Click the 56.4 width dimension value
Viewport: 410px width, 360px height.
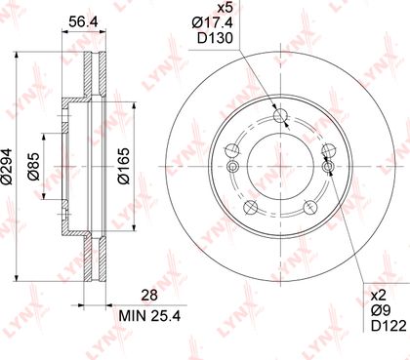[x=83, y=21]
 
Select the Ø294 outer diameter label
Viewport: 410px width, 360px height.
[x=7, y=167]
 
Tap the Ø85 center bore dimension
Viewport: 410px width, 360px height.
[x=33, y=166]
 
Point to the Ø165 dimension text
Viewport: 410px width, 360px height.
[x=124, y=166]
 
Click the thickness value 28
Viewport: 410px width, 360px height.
[x=149, y=295]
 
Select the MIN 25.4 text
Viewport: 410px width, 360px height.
[x=149, y=315]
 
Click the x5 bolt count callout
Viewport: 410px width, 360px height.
[x=225, y=7]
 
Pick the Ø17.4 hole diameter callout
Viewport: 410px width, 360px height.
[x=213, y=22]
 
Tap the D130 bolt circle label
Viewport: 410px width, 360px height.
[x=215, y=38]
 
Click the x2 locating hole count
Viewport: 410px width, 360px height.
[x=378, y=296]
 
